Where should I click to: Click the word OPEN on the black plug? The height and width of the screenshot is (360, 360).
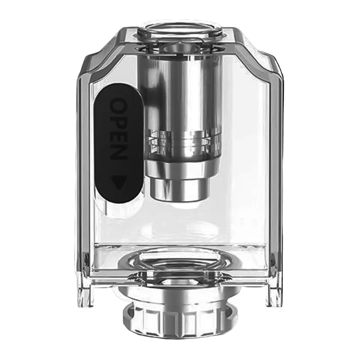pyautogui.click(x=118, y=129)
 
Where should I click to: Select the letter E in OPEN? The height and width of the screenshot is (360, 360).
pyautogui.click(x=118, y=136)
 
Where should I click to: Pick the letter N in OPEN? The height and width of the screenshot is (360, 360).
pyautogui.click(x=118, y=152)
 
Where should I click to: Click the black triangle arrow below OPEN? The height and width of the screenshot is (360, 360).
pyautogui.click(x=119, y=182)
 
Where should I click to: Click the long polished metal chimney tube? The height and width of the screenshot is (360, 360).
pyautogui.click(x=181, y=92)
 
